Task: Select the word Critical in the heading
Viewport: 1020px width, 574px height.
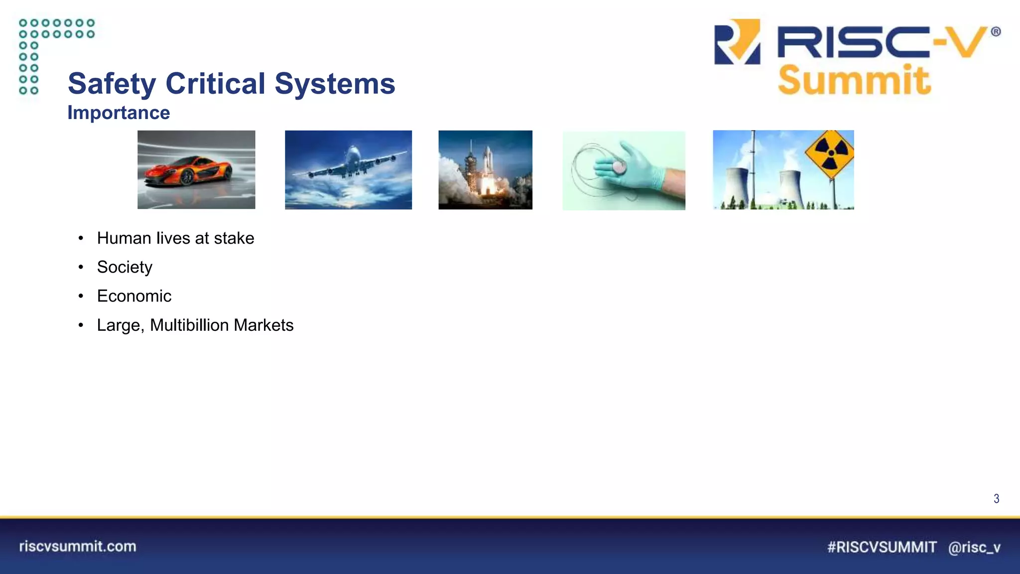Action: coord(215,83)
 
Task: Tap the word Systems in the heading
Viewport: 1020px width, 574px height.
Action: coord(335,84)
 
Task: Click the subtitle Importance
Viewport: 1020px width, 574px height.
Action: coord(119,113)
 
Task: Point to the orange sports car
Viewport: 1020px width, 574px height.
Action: coord(188,170)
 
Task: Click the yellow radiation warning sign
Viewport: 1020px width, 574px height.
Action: coord(830,153)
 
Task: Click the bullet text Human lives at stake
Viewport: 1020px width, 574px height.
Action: coord(175,238)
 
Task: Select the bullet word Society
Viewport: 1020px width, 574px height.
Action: coord(125,267)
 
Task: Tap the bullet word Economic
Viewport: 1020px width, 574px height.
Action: coord(134,296)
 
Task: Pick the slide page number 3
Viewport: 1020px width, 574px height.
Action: coord(996,498)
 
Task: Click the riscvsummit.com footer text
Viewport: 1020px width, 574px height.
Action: coord(78,546)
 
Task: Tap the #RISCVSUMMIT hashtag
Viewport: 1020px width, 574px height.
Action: coord(882,547)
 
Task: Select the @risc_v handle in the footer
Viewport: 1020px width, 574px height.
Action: coord(974,547)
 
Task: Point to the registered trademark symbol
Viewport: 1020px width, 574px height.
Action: coord(996,32)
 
